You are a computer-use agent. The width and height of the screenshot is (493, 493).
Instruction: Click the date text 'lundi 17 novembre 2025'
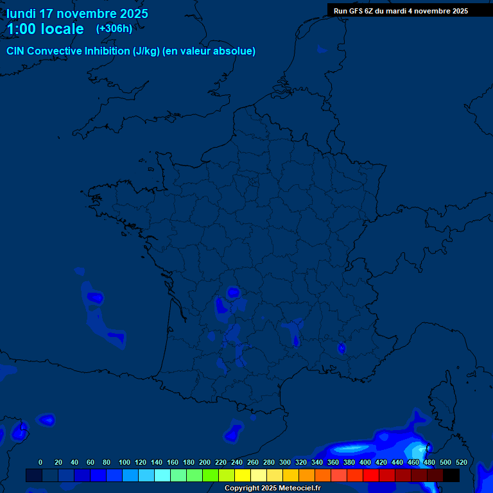pyautogui.click(x=77, y=13)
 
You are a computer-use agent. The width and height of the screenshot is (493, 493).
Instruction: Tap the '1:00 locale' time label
pyautogui.click(x=46, y=29)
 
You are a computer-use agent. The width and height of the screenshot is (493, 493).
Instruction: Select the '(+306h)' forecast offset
pyautogui.click(x=114, y=29)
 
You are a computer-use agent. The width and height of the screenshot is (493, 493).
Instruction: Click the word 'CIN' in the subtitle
pyautogui.click(x=15, y=51)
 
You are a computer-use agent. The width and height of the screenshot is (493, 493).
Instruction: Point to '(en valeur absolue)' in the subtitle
pyautogui.click(x=210, y=51)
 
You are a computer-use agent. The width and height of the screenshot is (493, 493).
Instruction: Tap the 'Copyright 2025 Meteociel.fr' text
pyautogui.click(x=272, y=488)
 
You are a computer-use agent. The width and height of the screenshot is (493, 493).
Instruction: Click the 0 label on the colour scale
pyautogui.click(x=40, y=462)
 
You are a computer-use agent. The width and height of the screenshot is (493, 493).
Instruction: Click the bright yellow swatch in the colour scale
pyautogui.click(x=243, y=476)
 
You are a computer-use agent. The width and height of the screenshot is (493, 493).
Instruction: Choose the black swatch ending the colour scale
pyautogui.click(x=451, y=476)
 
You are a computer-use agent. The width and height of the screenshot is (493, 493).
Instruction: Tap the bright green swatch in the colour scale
pyautogui.click(x=211, y=476)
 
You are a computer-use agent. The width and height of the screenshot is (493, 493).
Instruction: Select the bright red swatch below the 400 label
pyautogui.click(x=371, y=476)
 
